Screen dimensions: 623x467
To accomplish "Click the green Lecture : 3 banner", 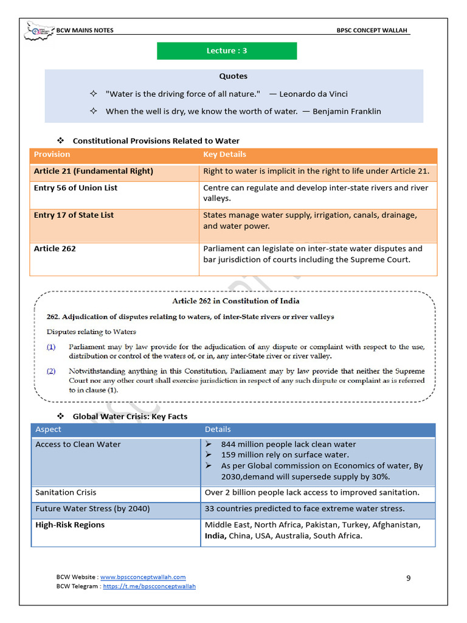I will [227, 51].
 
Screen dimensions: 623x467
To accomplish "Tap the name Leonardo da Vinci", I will [313, 94].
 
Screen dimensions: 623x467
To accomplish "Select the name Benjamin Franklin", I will [347, 111].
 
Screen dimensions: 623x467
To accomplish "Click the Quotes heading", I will [233, 77].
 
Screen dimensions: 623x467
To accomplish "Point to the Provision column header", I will [52, 155].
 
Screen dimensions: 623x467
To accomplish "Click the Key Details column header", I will [224, 155].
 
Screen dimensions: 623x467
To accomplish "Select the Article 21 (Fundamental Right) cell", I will [94, 172].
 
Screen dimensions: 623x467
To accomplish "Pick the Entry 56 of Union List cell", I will [76, 188].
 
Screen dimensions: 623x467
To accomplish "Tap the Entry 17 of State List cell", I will [74, 215].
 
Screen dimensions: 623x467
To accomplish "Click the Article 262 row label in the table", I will [55, 249].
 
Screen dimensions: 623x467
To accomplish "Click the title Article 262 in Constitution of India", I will [236, 301].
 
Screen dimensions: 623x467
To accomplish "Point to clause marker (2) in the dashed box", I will [51, 371].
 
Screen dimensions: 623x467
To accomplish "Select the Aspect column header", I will [49, 430].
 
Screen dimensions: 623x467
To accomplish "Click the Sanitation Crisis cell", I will [66, 493].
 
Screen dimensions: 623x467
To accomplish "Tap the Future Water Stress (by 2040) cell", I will [92, 509].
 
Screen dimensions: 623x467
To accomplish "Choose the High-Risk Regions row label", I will [70, 525].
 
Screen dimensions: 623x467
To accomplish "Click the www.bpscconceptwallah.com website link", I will [143, 577].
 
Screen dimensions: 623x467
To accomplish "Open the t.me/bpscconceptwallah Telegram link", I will [150, 586].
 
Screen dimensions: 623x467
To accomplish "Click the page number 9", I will [409, 578].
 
